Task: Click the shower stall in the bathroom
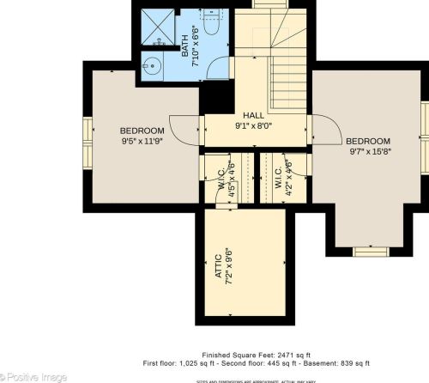157,27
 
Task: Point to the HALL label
253,115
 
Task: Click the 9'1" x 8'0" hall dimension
253,125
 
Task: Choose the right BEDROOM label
368,141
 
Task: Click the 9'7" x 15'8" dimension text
368,151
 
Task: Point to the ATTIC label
219,262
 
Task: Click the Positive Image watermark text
33,375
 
